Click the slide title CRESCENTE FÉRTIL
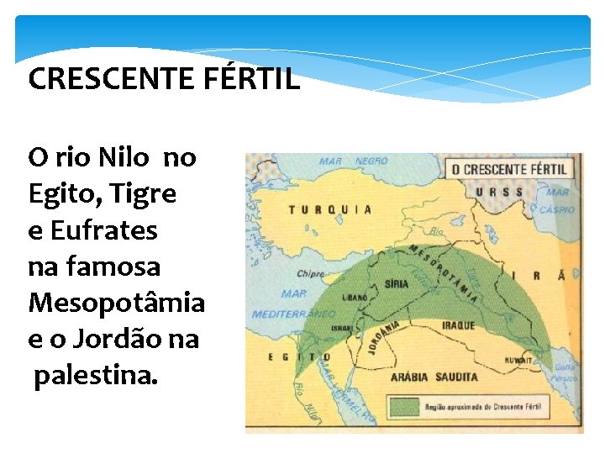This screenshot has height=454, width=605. click(x=164, y=80)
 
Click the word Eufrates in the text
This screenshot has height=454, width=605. click(x=104, y=230)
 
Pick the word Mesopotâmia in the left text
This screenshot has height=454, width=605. click(x=117, y=303)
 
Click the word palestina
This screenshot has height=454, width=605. click(x=95, y=377)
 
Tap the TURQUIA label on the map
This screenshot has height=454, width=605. click(x=330, y=209)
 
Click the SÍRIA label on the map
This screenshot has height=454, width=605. click(x=397, y=285)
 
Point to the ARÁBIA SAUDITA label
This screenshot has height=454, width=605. click(x=434, y=377)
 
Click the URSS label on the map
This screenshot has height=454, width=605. click(x=498, y=192)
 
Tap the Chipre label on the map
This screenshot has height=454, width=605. click(x=311, y=274)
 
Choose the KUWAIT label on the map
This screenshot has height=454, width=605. click(x=519, y=361)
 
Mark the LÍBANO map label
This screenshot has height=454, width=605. click(x=355, y=297)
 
